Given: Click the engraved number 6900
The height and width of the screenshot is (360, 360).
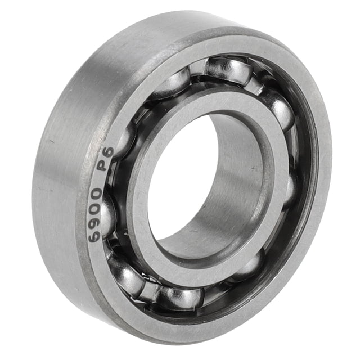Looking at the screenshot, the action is click(95, 215).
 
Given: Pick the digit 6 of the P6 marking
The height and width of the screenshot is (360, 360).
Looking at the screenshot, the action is click(109, 151).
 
